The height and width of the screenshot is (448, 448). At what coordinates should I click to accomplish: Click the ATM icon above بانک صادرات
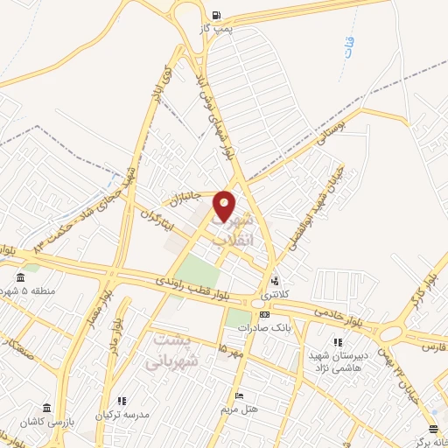(x=263, y=314)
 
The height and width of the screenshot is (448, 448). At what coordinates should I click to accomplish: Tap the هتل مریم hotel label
(x=237, y=409)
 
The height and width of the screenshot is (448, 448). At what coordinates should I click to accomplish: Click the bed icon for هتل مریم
(x=237, y=396)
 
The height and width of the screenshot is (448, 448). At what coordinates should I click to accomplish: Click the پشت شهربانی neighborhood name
(x=176, y=349)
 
